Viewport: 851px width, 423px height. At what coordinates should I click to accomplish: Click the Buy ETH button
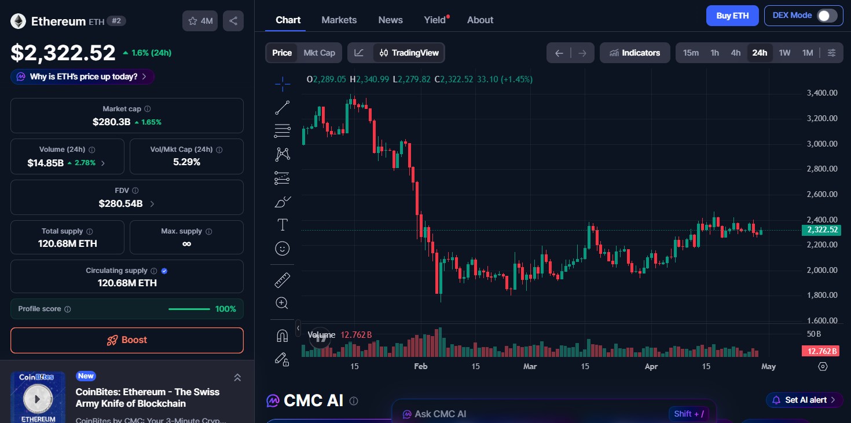732,16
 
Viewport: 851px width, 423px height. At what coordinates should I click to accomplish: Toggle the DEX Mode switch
827,16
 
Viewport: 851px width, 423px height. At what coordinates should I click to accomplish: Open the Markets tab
339,20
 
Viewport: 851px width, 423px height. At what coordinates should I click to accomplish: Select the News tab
390,20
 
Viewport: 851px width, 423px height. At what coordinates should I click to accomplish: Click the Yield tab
435,20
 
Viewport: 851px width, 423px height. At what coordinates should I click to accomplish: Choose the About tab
480,20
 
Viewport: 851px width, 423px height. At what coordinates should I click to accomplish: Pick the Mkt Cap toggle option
319,53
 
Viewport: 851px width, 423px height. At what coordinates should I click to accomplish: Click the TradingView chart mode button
409,53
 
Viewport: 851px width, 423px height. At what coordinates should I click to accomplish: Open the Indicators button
634,53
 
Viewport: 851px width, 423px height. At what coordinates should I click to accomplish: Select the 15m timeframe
691,53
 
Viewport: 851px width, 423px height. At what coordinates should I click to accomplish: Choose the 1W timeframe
784,53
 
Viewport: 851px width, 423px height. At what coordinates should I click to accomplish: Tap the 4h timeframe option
735,53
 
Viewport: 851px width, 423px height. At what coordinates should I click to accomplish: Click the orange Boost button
127,340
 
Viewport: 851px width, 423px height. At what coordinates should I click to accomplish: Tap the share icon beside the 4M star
233,21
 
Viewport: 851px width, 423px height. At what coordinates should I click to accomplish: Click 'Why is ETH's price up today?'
82,76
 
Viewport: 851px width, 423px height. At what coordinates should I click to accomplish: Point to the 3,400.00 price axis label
822,93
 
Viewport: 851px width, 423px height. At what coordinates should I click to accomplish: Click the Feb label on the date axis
421,366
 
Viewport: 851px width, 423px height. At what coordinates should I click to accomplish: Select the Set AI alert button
804,400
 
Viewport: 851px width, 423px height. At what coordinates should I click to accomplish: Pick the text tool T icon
283,225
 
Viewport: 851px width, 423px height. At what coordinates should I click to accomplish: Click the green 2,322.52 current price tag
820,230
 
